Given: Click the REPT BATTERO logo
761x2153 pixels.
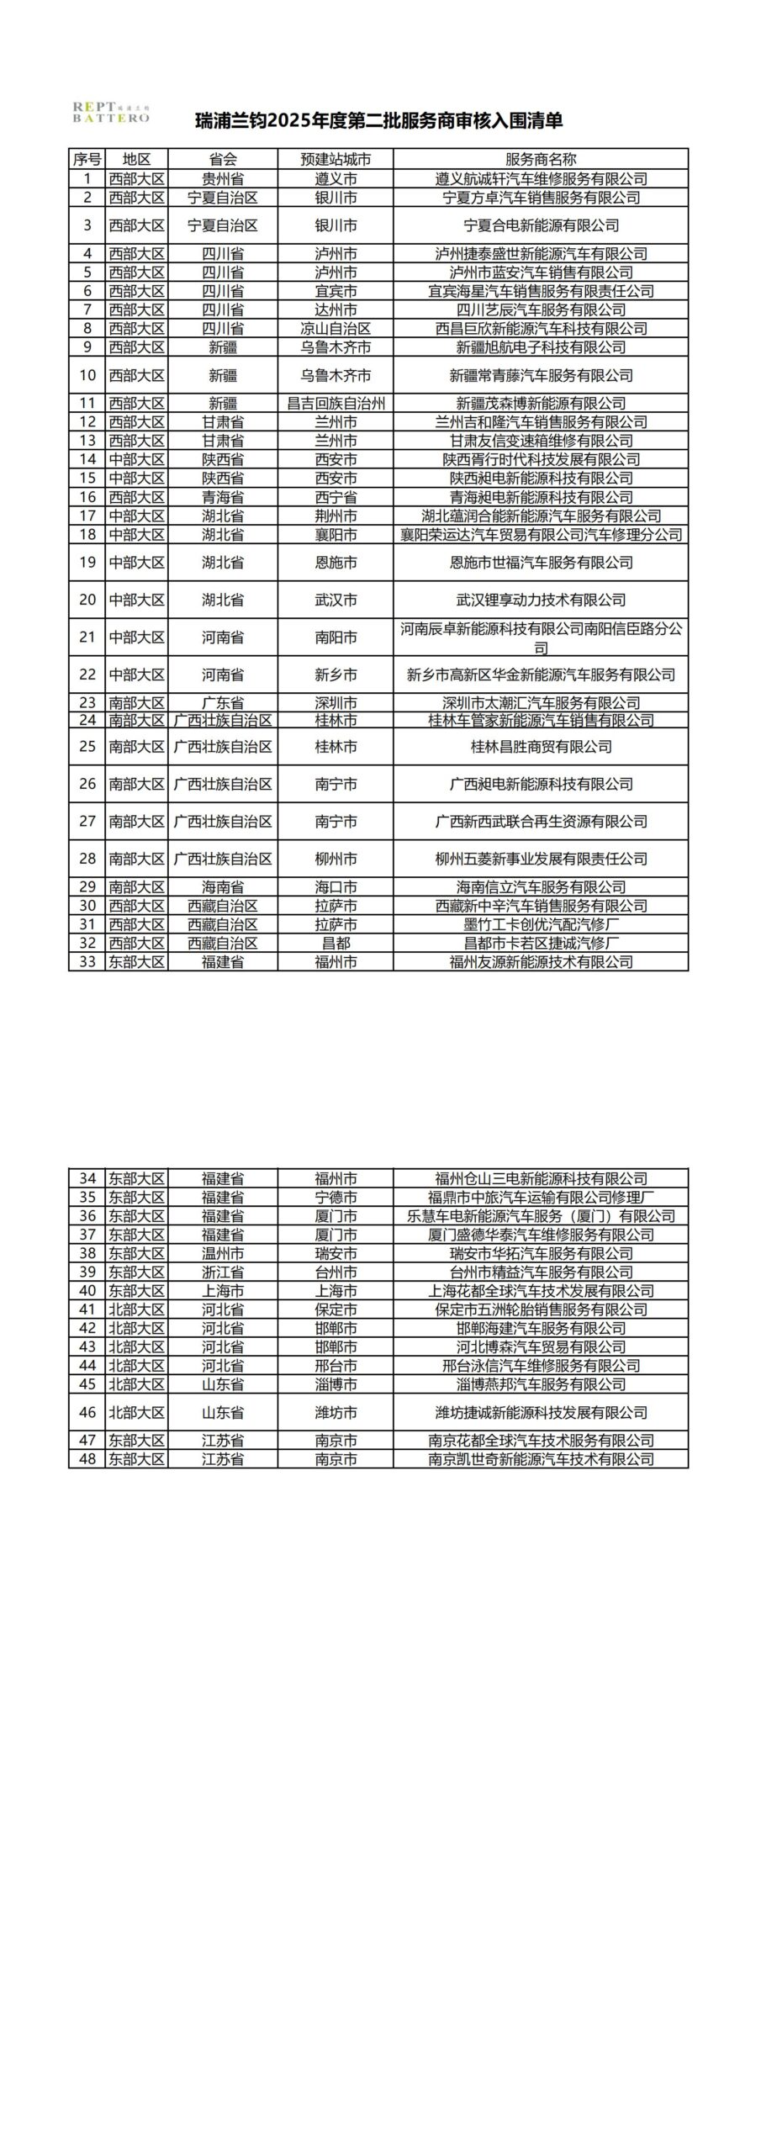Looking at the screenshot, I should coord(110,113).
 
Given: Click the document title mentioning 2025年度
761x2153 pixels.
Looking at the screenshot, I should coord(379,121).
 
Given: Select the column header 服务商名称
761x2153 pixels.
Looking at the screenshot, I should coord(541,159).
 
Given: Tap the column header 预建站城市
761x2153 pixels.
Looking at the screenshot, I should coord(336,159).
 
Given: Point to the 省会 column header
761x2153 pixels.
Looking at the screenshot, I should coord(223,159).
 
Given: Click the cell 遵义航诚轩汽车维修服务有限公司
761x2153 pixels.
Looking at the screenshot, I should coord(541,178).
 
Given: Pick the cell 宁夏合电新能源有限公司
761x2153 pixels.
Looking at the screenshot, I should coord(541,225).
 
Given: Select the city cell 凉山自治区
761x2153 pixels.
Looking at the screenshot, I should coord(336,328).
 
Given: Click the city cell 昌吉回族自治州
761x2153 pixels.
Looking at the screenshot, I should coord(336,403).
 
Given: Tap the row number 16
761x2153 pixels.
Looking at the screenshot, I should coord(87,497).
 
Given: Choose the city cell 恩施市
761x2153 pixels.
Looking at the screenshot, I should coord(336,563).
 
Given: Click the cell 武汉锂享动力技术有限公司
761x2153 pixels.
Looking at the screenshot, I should coord(541,600).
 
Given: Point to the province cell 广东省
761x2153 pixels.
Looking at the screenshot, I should coord(223,702).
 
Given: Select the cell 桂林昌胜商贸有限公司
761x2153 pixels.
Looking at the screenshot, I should coord(541,747).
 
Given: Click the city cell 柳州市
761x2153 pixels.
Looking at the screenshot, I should coord(336,859).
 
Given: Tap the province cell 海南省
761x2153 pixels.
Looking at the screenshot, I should coord(223,886).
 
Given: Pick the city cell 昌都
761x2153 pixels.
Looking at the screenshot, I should coord(336,943).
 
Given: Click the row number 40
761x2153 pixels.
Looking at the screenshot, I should coord(87,1290).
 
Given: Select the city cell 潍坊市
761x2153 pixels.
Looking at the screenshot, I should coord(336,1412).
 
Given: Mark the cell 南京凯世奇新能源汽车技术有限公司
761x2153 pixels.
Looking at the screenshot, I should coord(541,1459).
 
